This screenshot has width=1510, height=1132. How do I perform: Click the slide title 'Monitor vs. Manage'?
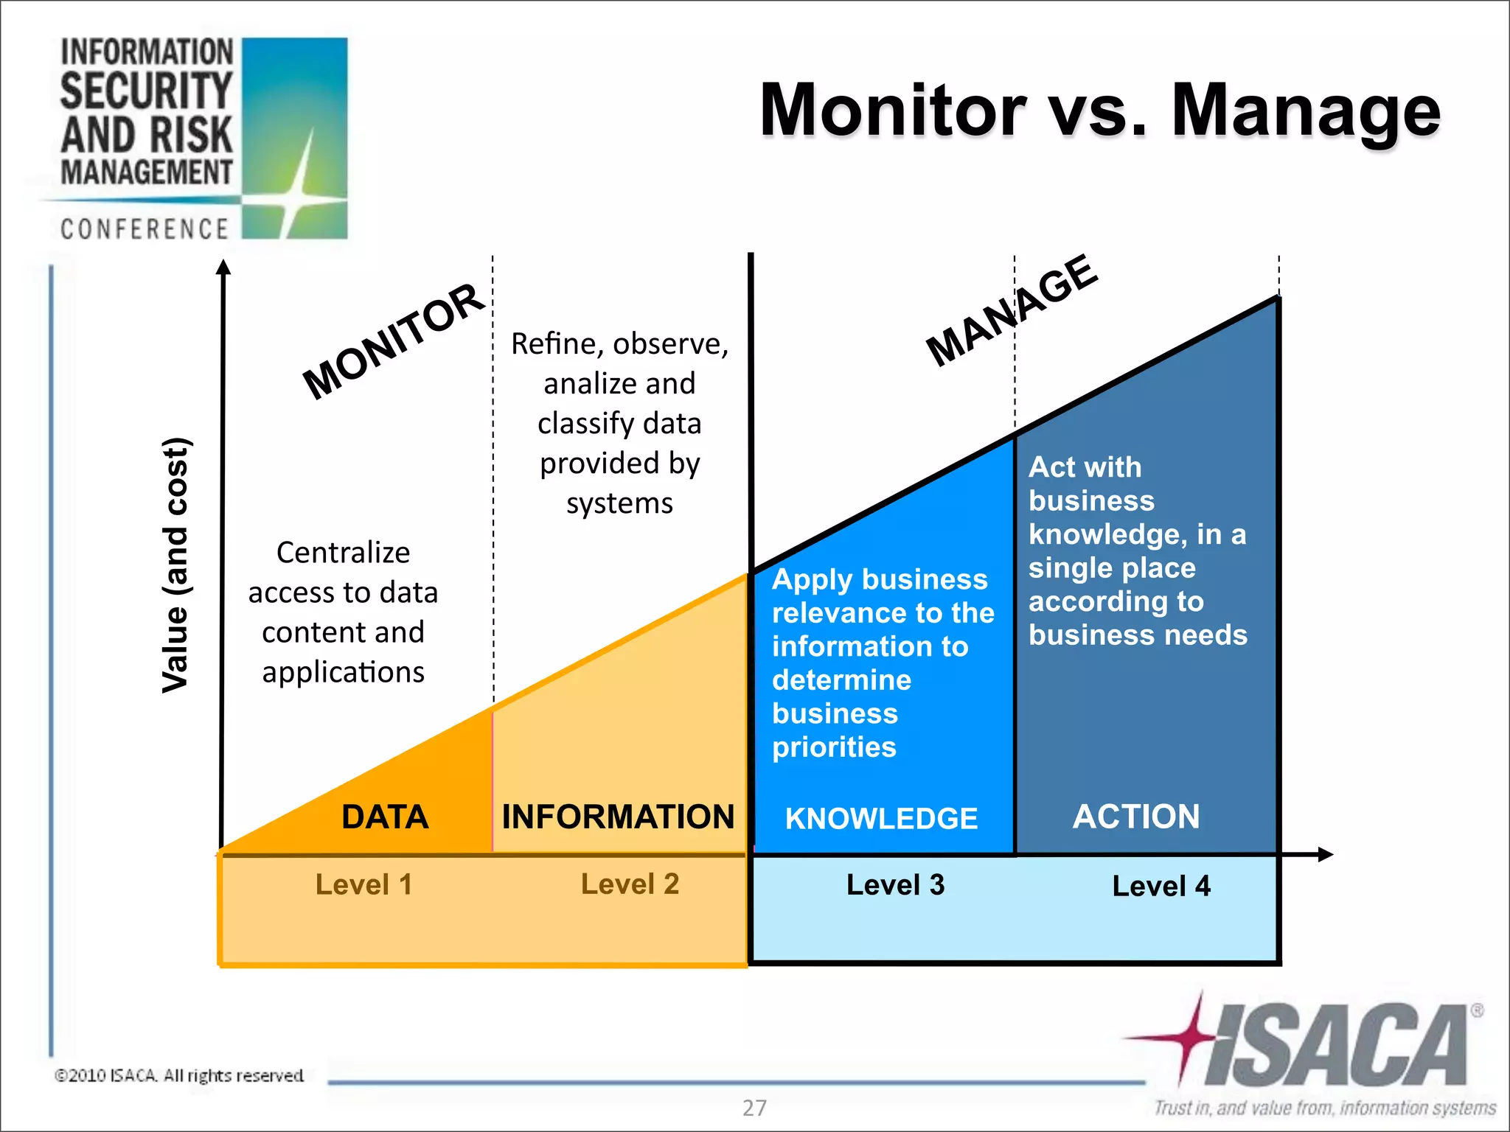(x=1099, y=111)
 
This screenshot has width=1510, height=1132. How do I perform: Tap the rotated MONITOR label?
(x=393, y=340)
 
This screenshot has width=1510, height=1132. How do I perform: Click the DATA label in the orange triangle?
(x=385, y=817)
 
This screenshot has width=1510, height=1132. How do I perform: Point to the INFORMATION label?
(x=618, y=817)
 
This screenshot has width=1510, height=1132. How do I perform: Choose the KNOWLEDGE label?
(x=881, y=819)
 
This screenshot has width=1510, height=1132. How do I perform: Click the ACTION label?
(x=1136, y=817)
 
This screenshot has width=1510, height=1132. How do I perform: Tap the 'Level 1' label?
(x=363, y=884)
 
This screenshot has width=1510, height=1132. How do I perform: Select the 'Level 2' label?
(x=630, y=884)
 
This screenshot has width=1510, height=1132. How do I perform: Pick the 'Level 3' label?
(x=895, y=884)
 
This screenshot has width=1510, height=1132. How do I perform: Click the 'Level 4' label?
(x=1161, y=886)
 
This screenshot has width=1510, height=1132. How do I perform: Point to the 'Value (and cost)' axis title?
(x=176, y=565)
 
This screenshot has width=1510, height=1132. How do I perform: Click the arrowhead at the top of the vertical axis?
(x=223, y=267)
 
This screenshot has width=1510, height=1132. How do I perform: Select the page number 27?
(x=754, y=1108)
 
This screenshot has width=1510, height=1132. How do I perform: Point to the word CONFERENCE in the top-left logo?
(x=145, y=229)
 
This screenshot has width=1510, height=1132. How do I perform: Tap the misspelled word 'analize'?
(x=582, y=383)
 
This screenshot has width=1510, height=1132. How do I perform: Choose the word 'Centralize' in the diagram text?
(x=343, y=552)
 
